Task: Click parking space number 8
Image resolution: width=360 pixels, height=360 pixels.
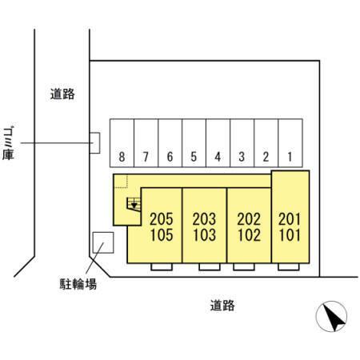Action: (x=122, y=143)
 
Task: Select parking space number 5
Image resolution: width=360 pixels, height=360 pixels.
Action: (x=194, y=143)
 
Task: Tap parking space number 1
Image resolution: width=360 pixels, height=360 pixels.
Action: (x=290, y=143)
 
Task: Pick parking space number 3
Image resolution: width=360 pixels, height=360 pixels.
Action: (x=242, y=143)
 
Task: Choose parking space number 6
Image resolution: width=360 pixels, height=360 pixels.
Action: (x=170, y=143)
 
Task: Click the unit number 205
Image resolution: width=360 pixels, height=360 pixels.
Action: (x=162, y=219)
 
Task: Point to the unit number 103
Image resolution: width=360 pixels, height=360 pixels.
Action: (x=204, y=235)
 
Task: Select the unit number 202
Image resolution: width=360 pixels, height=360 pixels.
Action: (x=249, y=219)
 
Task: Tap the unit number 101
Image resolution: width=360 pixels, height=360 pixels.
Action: (x=290, y=235)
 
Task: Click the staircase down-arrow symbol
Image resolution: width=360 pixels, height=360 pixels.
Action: (x=134, y=205)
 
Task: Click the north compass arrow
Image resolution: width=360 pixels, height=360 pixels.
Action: (x=334, y=316)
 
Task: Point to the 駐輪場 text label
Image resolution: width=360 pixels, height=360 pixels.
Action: (x=78, y=284)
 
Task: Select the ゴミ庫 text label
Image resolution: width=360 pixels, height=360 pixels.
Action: (x=8, y=143)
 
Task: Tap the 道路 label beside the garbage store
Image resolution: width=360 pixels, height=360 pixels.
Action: (x=62, y=94)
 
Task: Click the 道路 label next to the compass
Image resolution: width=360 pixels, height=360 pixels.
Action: (x=222, y=306)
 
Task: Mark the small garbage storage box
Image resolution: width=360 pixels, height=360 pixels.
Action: (x=94, y=143)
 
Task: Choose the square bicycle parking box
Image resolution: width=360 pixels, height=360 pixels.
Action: (x=103, y=242)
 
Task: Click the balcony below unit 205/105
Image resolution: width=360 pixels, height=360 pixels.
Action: (x=162, y=266)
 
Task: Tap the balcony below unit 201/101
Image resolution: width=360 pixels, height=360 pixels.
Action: (x=289, y=266)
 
